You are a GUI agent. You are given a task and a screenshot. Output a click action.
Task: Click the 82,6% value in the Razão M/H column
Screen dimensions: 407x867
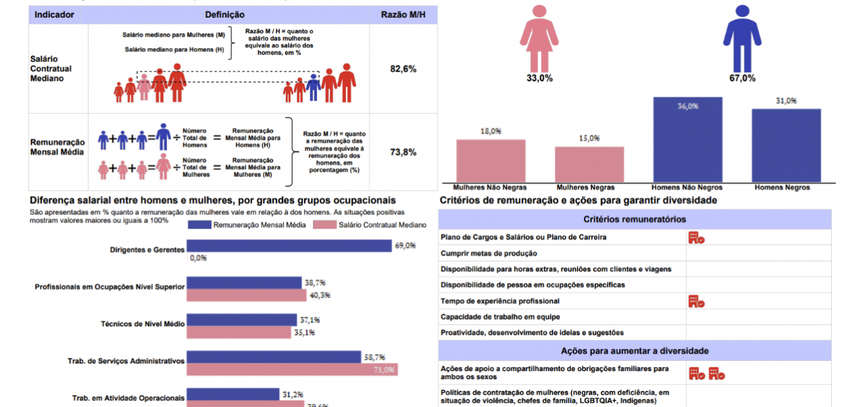(403, 69)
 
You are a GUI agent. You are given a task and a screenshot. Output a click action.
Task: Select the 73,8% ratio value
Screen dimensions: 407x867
(403, 152)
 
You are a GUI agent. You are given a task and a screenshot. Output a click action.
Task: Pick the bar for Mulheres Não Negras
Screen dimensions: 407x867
(490, 160)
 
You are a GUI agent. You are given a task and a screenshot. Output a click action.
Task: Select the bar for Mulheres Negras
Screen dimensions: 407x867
(589, 164)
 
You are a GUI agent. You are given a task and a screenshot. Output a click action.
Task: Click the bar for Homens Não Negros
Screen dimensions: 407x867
(688, 139)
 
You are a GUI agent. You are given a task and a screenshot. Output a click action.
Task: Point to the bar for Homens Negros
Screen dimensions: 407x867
(786, 145)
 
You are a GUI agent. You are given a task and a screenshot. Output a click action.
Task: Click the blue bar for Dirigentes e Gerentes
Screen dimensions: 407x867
(289, 246)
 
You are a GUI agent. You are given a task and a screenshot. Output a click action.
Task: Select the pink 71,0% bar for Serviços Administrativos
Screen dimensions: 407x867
(292, 370)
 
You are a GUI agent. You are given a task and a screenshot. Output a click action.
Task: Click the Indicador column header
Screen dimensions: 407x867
(54, 14)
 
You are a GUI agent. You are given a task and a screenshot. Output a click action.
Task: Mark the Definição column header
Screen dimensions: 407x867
(224, 14)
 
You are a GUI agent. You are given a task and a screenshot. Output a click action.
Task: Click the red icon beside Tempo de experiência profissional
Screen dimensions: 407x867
(696, 301)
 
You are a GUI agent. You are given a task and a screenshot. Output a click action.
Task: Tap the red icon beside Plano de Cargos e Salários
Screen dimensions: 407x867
(696, 237)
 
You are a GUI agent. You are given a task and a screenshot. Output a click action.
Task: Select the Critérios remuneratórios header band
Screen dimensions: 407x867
(635, 219)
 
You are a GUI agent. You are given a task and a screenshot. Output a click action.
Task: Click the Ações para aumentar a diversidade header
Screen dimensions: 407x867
(635, 351)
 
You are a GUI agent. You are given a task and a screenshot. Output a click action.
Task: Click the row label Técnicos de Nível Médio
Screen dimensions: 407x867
(142, 324)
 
